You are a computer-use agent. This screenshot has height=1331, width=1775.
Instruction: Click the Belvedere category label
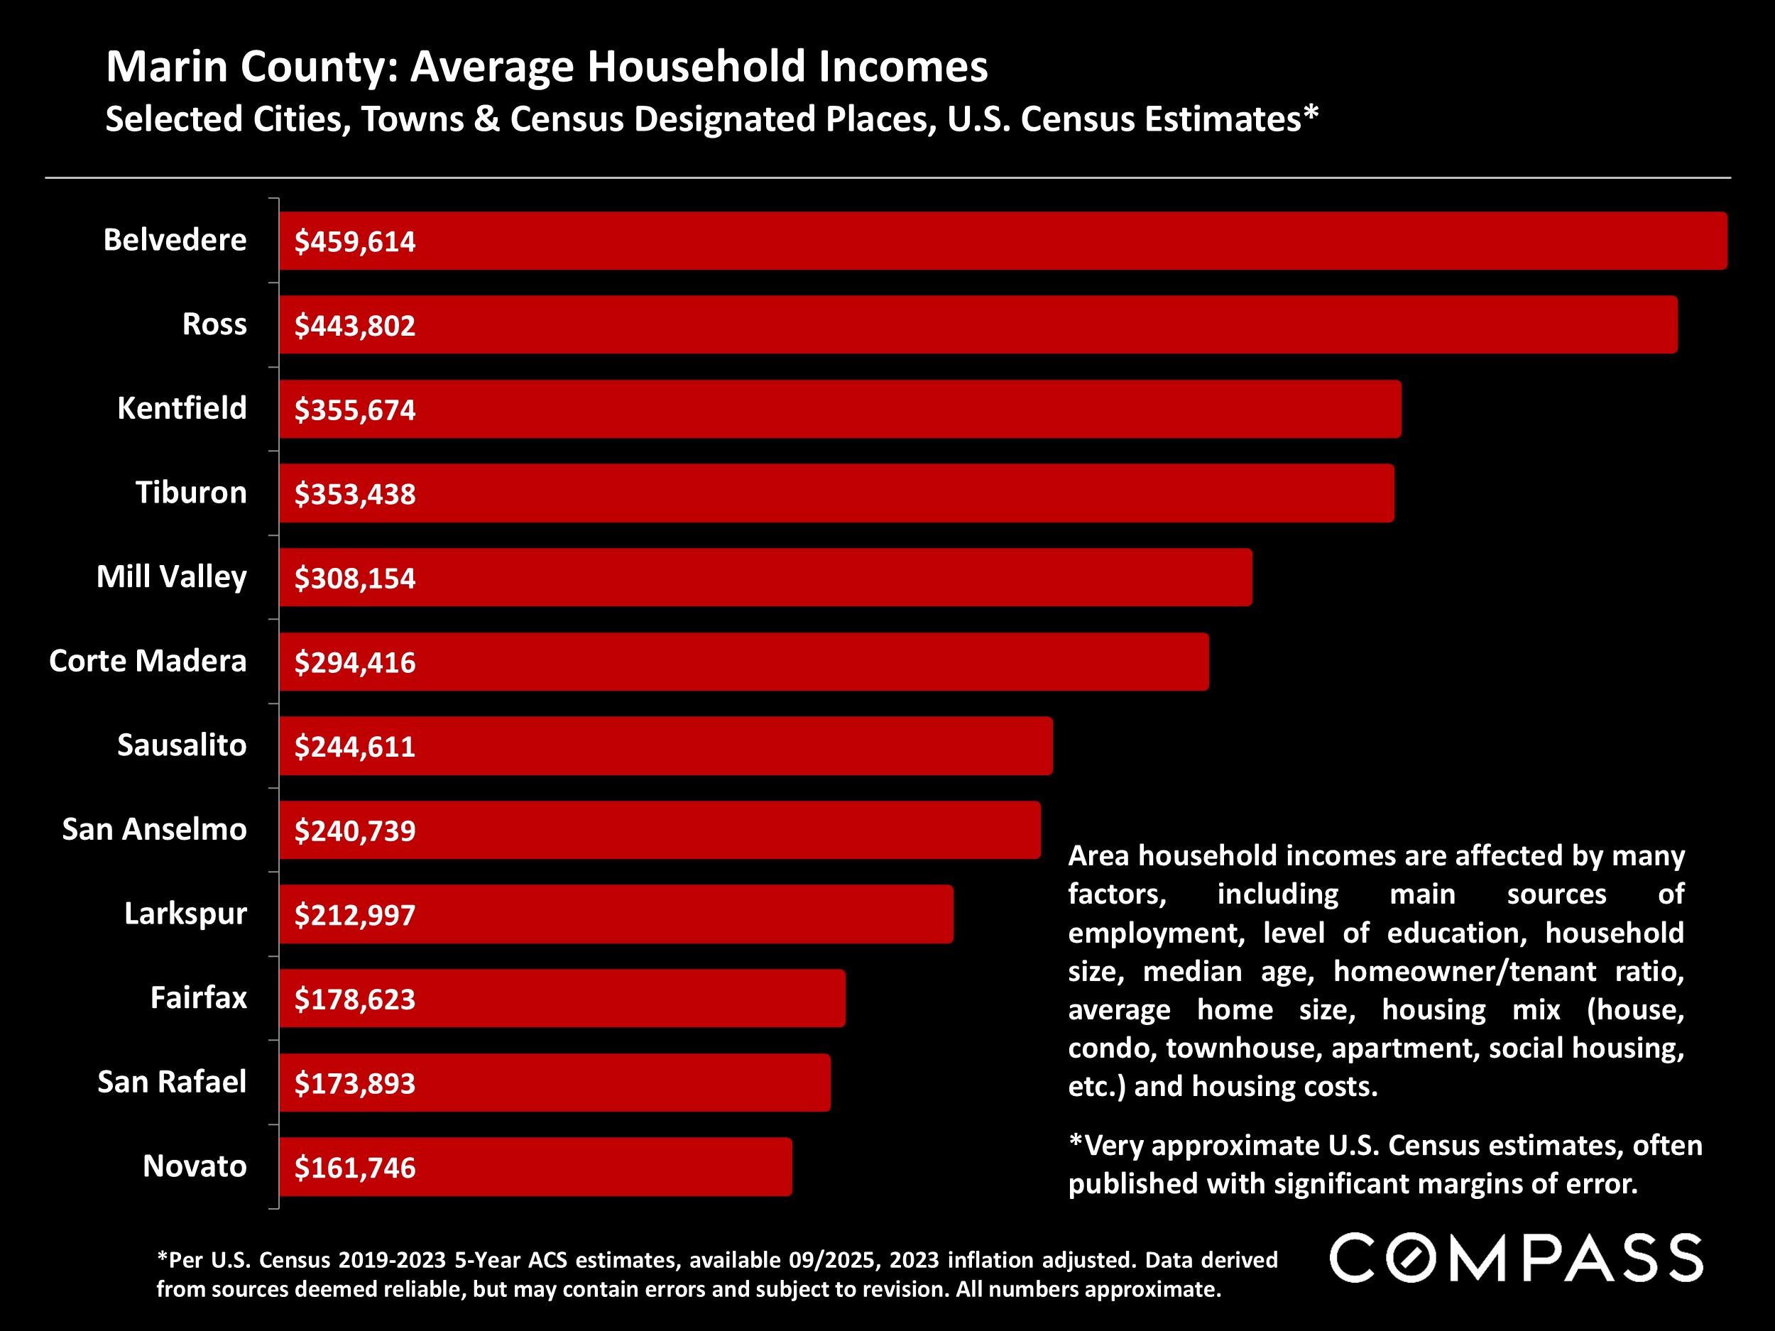click(175, 240)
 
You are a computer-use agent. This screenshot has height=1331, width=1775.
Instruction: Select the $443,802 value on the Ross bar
click(355, 326)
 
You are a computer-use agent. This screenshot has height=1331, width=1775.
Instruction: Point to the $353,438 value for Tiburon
click(355, 494)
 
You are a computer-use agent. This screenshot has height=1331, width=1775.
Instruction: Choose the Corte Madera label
click(148, 661)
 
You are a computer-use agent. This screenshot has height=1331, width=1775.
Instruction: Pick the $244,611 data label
click(355, 747)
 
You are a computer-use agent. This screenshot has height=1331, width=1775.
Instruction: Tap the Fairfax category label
click(198, 998)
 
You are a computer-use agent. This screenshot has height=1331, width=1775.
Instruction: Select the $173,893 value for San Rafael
click(355, 1084)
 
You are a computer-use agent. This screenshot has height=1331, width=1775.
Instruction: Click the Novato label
click(195, 1166)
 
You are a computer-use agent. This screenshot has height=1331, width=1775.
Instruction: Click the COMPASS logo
click(1516, 1258)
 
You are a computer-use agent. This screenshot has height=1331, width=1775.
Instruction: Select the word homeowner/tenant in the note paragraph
click(1465, 972)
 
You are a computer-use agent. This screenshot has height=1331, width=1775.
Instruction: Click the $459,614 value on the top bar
click(355, 241)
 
